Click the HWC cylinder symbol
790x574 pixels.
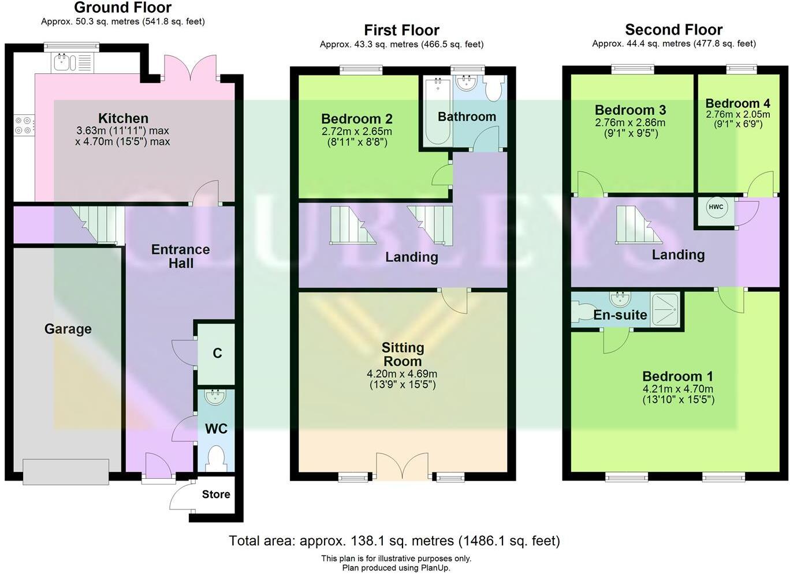(x=716, y=207)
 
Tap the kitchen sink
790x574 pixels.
(x=63, y=62)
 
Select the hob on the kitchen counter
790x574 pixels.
(x=24, y=125)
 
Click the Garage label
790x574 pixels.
(x=68, y=329)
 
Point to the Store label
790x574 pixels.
(x=216, y=494)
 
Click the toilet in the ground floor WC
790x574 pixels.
(x=217, y=457)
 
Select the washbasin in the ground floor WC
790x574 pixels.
(x=217, y=396)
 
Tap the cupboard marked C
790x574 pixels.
(x=217, y=353)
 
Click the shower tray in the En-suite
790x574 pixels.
(x=666, y=310)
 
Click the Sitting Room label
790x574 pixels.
(x=403, y=354)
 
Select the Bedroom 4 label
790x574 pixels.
(x=737, y=103)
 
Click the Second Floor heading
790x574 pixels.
(x=673, y=29)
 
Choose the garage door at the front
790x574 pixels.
(x=66, y=471)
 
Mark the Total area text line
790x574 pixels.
(x=394, y=541)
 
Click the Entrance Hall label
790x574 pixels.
(x=180, y=256)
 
